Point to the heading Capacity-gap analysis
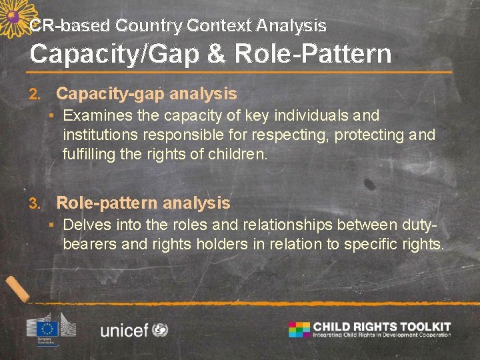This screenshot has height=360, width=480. click(x=146, y=94)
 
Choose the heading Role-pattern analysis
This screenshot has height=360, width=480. click(x=143, y=203)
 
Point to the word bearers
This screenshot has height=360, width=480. click(x=91, y=244)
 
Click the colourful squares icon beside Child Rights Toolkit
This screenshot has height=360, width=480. click(x=299, y=329)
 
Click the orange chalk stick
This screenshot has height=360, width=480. click(x=17, y=288)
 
